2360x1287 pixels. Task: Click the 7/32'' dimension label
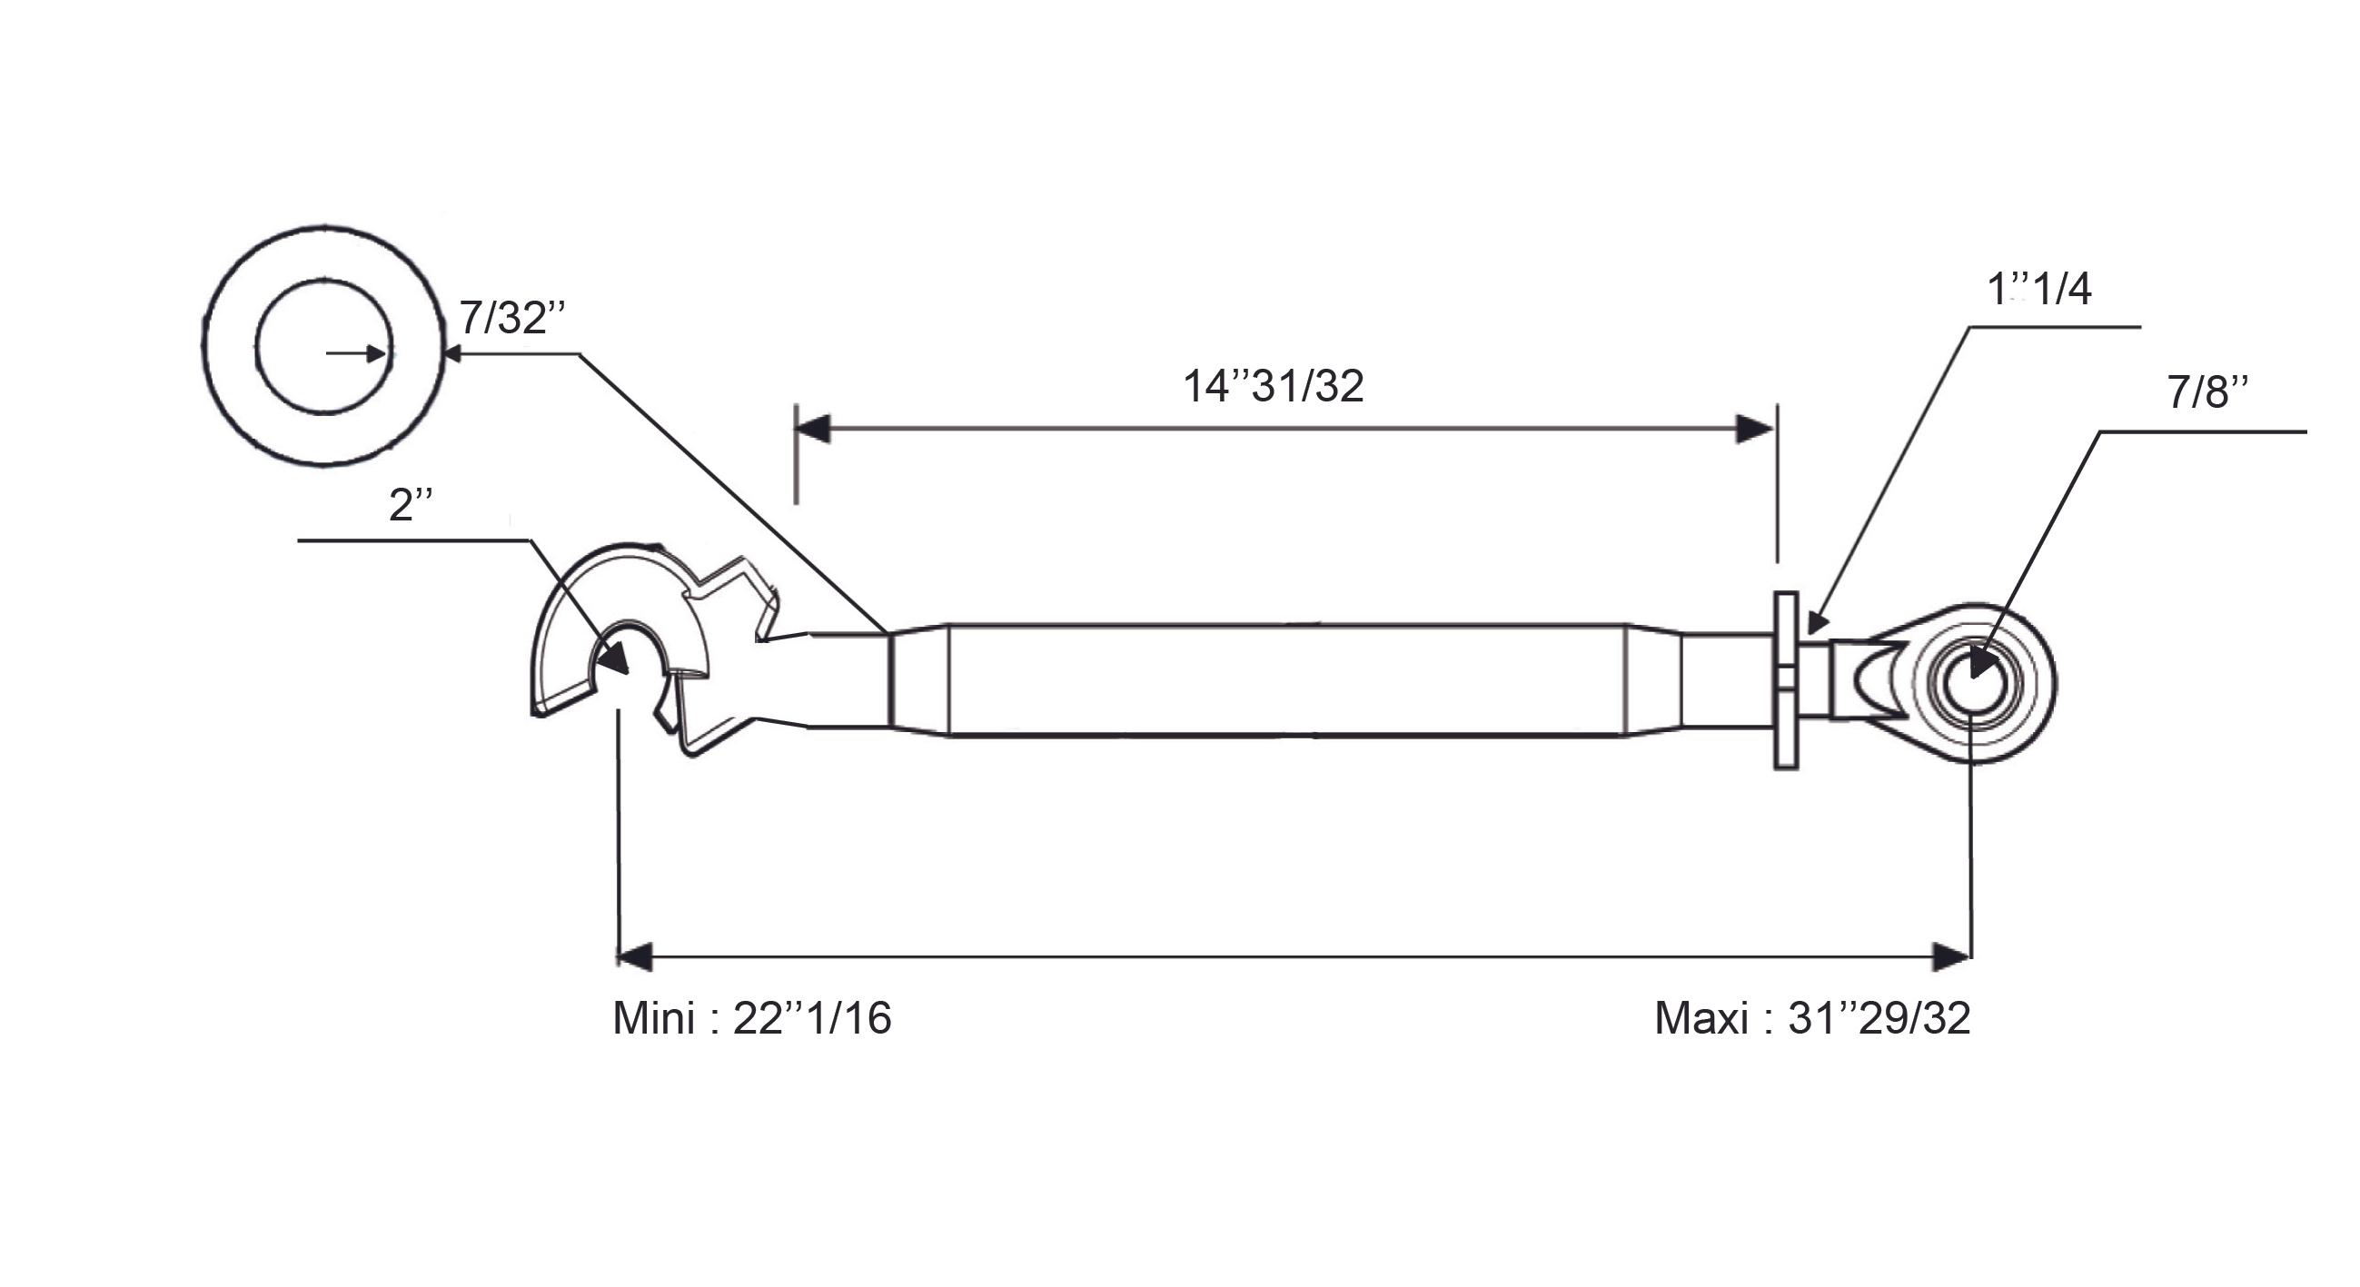click(511, 318)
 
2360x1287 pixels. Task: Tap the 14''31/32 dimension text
click(1274, 386)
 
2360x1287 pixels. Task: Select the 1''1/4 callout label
click(2038, 290)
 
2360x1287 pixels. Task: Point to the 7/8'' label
click(2207, 392)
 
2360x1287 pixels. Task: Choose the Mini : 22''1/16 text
click(751, 1017)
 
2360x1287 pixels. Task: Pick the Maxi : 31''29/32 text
click(1812, 1017)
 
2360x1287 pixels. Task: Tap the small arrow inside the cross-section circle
click(355, 353)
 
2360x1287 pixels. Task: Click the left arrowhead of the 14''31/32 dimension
click(813, 428)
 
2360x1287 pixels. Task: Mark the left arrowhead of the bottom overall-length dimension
click(635, 956)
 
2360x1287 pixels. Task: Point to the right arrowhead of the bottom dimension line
click(1951, 956)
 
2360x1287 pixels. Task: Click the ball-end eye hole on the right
click(1973, 682)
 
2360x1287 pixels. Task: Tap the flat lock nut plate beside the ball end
click(1786, 680)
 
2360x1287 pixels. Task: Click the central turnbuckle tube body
click(1286, 679)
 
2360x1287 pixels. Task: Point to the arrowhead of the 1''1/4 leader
click(1818, 623)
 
